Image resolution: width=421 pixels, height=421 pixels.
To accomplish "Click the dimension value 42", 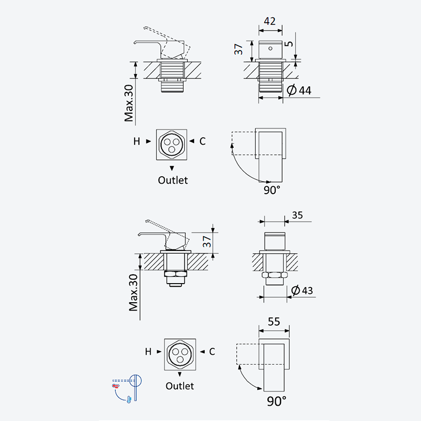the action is click(269, 21).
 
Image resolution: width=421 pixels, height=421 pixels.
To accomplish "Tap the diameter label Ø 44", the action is click(299, 90).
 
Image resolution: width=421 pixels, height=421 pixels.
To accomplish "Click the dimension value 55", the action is click(274, 322).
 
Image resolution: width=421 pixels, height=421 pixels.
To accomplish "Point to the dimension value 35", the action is click(297, 215).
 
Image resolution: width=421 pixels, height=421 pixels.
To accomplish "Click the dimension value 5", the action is click(289, 44).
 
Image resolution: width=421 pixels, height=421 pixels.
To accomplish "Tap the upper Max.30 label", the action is click(129, 103).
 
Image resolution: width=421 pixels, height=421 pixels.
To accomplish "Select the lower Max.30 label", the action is click(134, 293).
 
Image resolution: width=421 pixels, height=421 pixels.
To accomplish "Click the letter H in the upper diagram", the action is click(137, 141).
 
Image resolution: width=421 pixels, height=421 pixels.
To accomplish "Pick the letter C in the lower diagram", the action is click(212, 352).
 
